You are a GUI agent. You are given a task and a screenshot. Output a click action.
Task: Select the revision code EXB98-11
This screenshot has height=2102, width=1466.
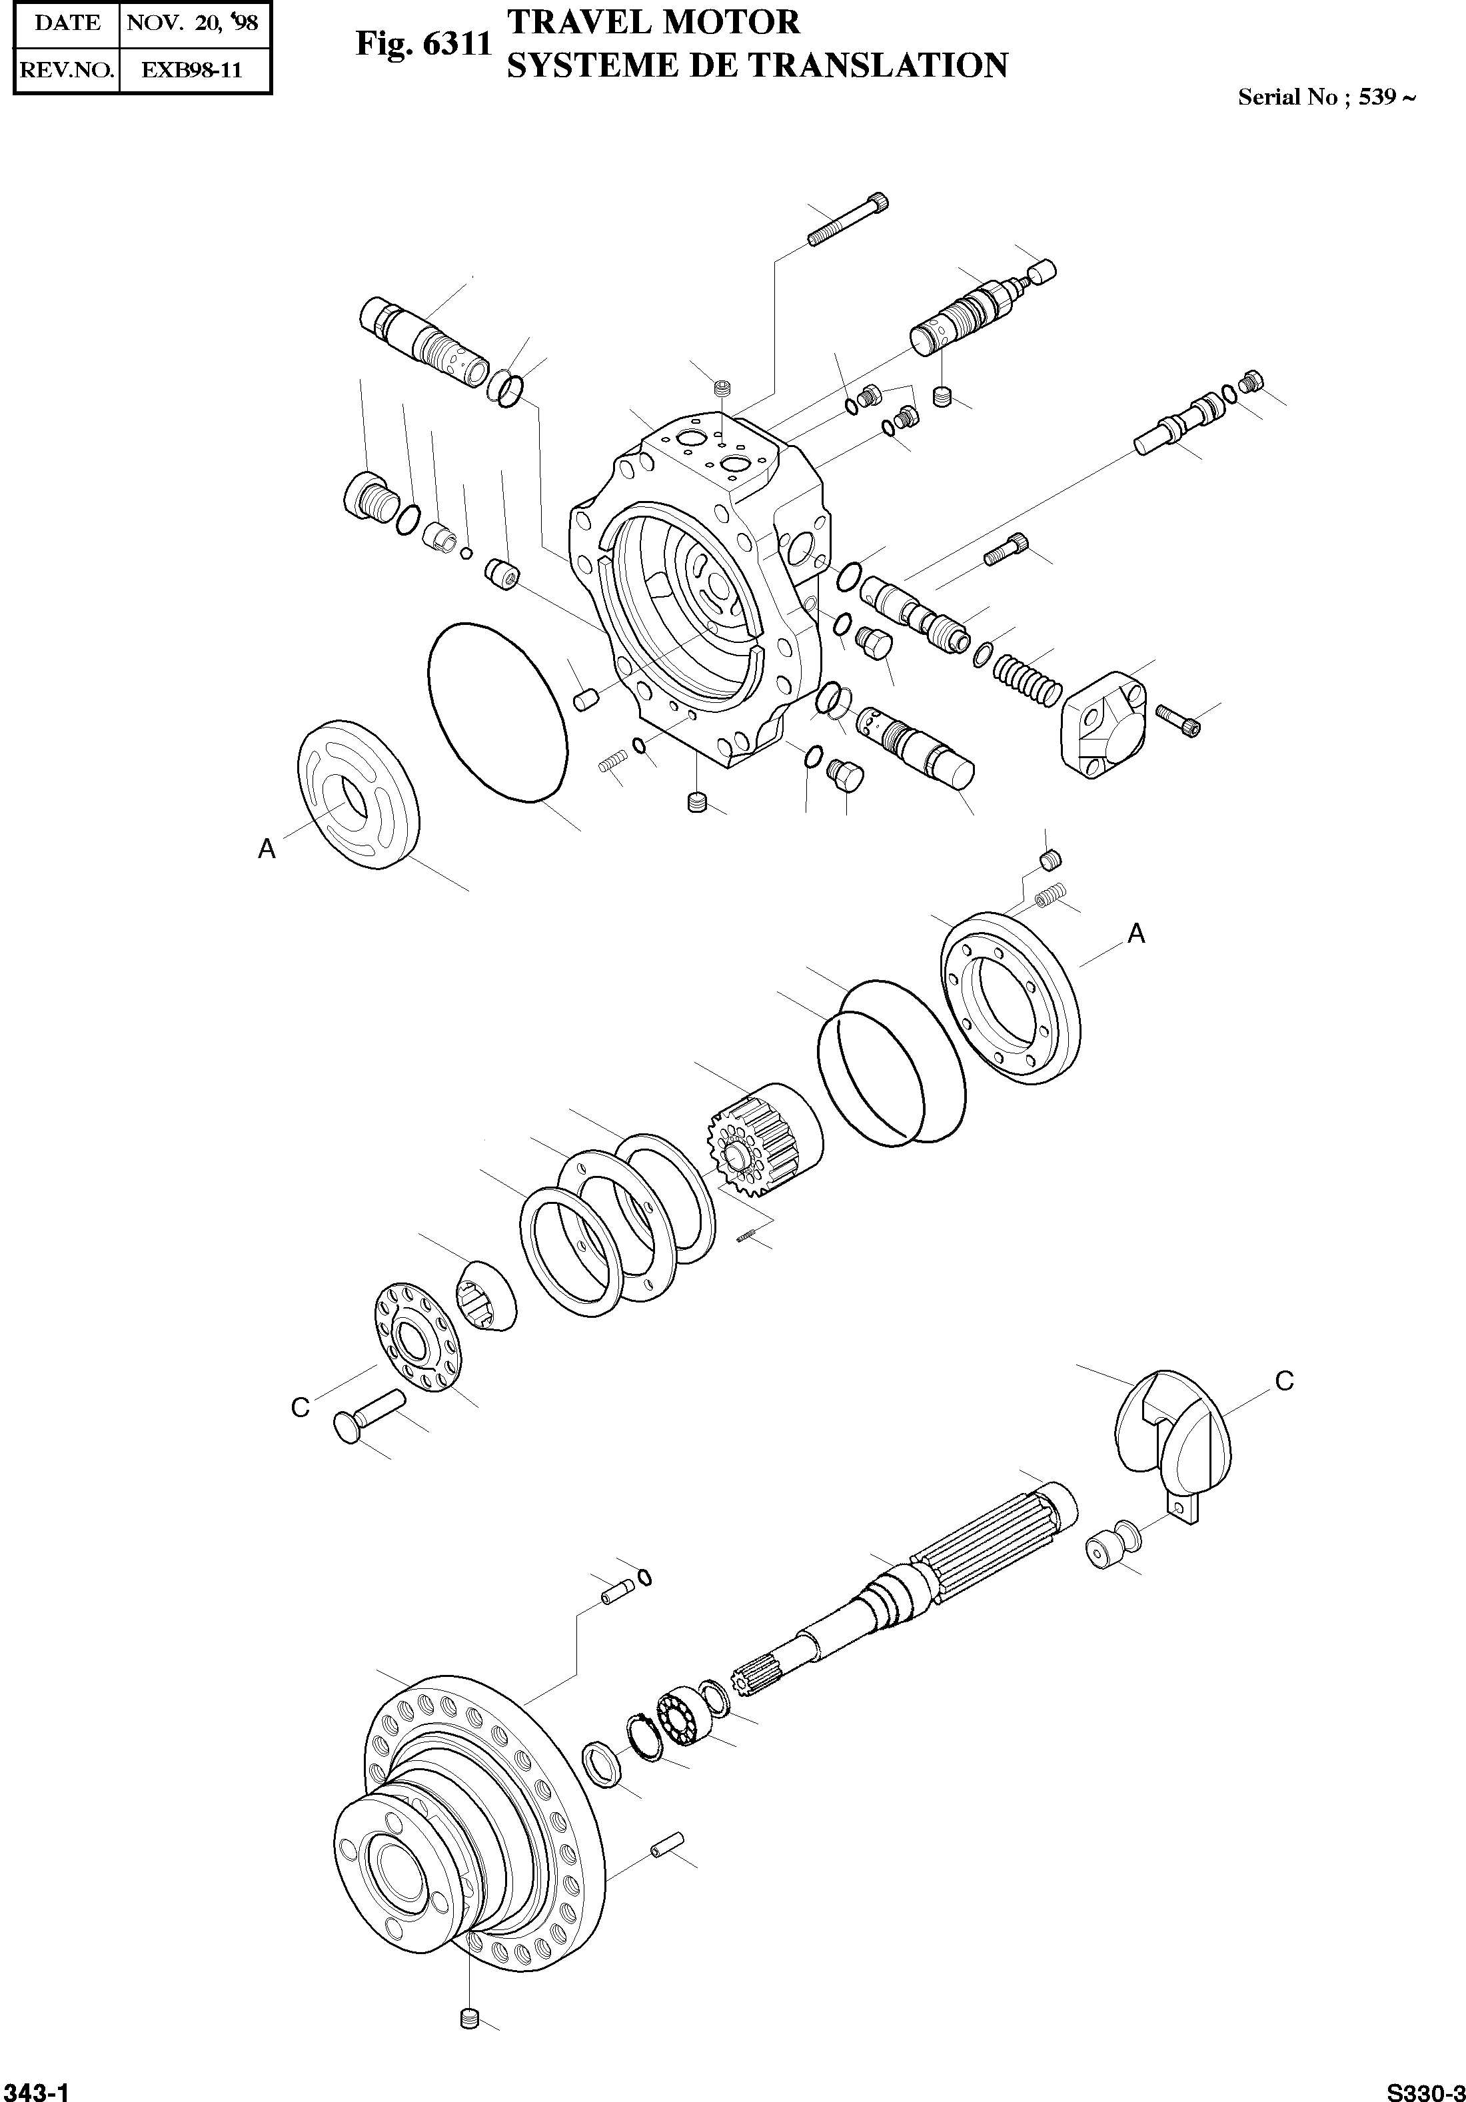tap(193, 71)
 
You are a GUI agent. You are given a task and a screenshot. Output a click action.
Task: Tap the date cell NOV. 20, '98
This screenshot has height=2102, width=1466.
tap(193, 23)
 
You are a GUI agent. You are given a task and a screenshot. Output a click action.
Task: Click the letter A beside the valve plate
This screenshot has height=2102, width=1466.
tap(267, 849)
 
